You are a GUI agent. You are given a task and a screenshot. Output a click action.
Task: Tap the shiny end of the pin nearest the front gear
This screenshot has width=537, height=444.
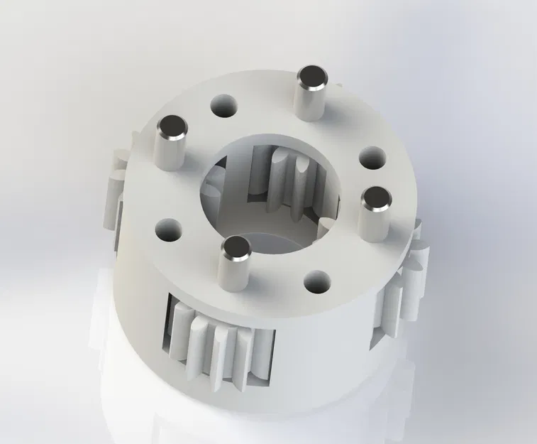(x=235, y=248)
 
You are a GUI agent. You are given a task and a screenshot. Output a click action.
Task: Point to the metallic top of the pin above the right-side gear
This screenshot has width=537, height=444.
(x=376, y=199)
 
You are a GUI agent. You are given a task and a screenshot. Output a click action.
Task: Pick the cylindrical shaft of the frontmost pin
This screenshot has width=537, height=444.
(x=233, y=274)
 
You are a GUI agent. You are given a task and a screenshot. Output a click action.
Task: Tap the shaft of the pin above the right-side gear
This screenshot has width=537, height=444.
(x=373, y=224)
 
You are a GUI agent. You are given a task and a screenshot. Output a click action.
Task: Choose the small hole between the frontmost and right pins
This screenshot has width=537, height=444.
(x=317, y=281)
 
